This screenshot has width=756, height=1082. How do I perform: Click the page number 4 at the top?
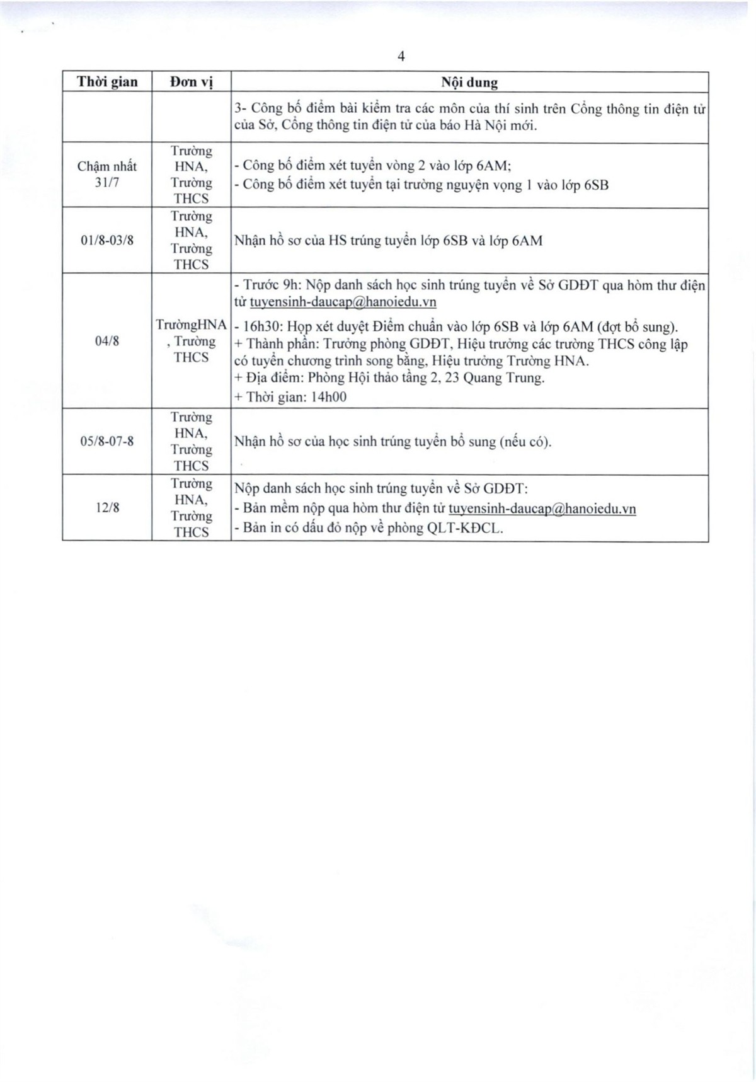[x=401, y=57]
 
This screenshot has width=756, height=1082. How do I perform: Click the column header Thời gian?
[x=107, y=82]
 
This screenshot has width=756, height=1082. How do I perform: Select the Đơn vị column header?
[x=191, y=82]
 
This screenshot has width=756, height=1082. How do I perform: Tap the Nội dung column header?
[x=469, y=83]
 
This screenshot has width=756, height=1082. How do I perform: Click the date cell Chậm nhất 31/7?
[x=107, y=175]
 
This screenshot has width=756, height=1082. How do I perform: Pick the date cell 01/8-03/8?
[x=107, y=241]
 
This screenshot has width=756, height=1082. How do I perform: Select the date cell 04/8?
[x=107, y=341]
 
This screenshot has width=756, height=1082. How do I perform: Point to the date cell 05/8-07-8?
[x=107, y=441]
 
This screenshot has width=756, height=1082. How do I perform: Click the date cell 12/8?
[x=107, y=507]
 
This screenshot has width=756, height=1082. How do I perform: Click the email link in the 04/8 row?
[x=343, y=302]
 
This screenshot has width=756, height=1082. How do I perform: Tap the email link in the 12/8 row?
[x=542, y=509]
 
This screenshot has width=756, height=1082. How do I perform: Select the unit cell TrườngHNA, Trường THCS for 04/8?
[x=191, y=341]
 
